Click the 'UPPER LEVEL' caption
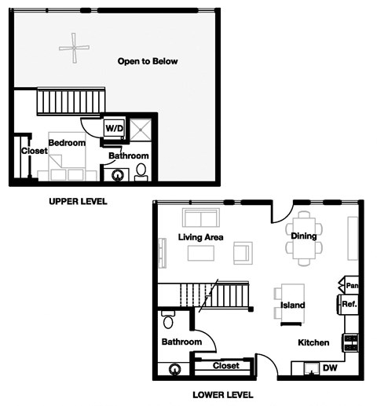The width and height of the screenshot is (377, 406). pyautogui.click(x=78, y=202)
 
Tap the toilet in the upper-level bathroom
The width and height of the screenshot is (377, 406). pyautogui.click(x=141, y=170)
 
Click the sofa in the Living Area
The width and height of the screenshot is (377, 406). pyautogui.click(x=201, y=218)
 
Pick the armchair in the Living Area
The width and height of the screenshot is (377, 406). pyautogui.click(x=243, y=253)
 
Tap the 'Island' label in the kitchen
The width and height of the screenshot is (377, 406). pyautogui.click(x=292, y=305)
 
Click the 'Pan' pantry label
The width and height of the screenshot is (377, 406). pyautogui.click(x=352, y=285)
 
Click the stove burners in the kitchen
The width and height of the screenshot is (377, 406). pyautogui.click(x=350, y=342)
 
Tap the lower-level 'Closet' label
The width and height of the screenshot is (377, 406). pyautogui.click(x=225, y=366)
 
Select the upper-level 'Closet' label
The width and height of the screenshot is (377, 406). pyautogui.click(x=35, y=151)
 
